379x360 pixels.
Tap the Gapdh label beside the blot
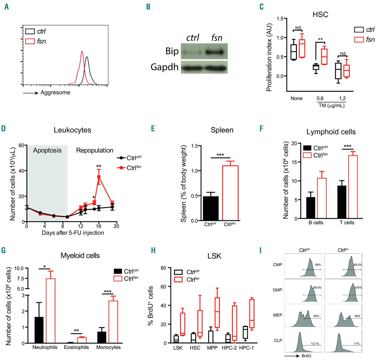pos(165,67)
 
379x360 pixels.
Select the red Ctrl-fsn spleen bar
pos(230,193)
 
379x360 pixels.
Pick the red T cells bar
pos(353,187)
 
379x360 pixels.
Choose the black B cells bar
pos(311,208)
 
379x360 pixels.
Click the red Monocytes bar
pos(113,322)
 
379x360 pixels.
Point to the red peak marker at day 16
pos(99,177)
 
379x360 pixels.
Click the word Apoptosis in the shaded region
pos(47,150)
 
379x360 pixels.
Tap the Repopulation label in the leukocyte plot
pos(95,150)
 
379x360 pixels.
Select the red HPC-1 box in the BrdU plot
pos(252,314)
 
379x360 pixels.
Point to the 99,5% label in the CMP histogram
pos(357,265)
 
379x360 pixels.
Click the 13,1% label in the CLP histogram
pos(315,344)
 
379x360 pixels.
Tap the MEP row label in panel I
pos(277,315)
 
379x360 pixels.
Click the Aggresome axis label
pos(55,93)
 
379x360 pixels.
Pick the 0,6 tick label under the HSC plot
pos(320,99)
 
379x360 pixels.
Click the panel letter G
pos(4,251)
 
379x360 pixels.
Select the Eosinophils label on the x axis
pos(76,347)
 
